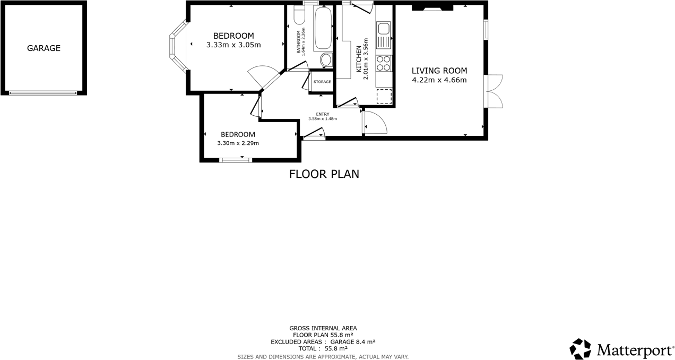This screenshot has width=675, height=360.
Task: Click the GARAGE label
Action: pyautogui.click(x=44, y=48)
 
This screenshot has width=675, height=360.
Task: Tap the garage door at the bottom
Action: pyautogui.click(x=43, y=93)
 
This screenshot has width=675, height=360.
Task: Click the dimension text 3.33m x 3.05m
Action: pyautogui.click(x=233, y=45)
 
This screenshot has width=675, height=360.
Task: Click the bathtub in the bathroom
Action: pyautogui.click(x=323, y=29)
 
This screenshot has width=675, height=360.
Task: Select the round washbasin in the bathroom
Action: pyautogui.click(x=326, y=59)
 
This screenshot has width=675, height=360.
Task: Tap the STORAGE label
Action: pyautogui.click(x=322, y=82)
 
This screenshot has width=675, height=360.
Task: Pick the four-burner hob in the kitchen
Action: pyautogui.click(x=384, y=63)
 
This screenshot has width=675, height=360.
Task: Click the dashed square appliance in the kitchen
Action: pyautogui.click(x=384, y=97)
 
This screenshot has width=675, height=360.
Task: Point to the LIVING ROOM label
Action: pyautogui.click(x=439, y=71)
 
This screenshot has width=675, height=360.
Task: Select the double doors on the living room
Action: pyautogui.click(x=494, y=91)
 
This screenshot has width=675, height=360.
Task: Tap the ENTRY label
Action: pyautogui.click(x=323, y=114)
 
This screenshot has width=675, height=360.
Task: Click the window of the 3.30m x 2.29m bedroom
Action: pyautogui.click(x=236, y=159)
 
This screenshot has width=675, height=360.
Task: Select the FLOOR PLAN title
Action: pyautogui.click(x=324, y=174)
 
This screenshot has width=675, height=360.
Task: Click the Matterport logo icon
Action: pyautogui.click(x=580, y=349)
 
